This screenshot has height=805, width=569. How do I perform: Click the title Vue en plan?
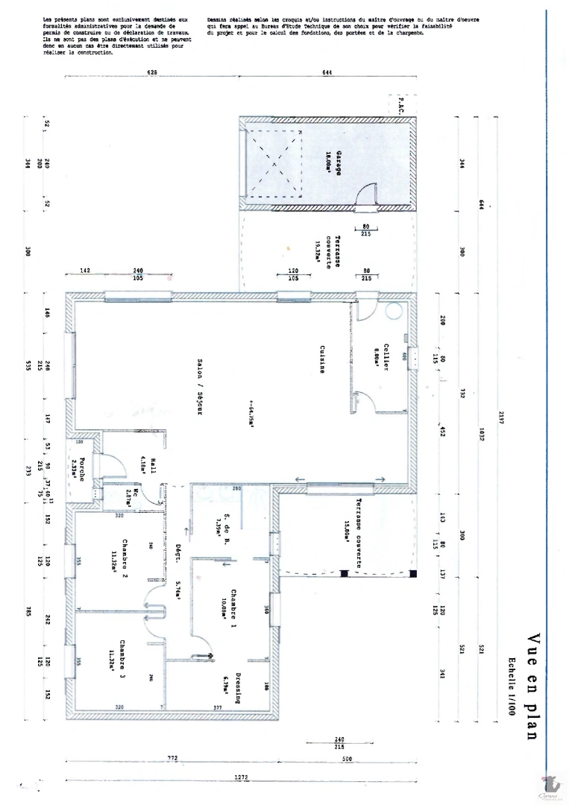(532, 686)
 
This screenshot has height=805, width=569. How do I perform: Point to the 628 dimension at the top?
(154, 72)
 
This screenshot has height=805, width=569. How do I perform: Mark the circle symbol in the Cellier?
(393, 312)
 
